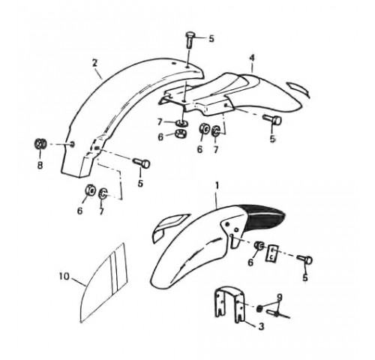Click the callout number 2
point(94,63)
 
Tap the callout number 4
point(252,58)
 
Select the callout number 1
point(217,186)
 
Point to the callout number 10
point(64,276)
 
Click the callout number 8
point(40,165)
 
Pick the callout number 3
point(261,326)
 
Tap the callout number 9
point(280,298)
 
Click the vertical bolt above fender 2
point(190,40)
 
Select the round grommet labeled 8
point(40,144)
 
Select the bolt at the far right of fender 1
point(304,259)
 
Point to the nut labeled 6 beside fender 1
point(259,246)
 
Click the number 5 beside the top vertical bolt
point(211,39)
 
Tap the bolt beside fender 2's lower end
point(141,163)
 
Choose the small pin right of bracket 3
point(277,313)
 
